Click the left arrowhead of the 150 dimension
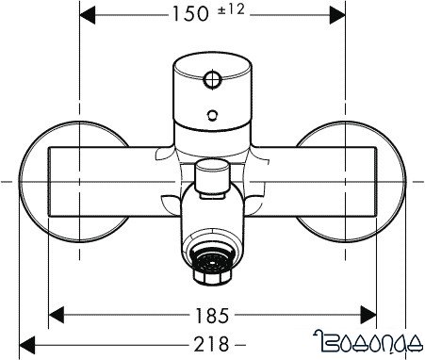point(86,15)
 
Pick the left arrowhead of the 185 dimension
point(57,313)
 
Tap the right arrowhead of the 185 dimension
point(369,313)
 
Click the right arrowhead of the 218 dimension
point(400,344)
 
